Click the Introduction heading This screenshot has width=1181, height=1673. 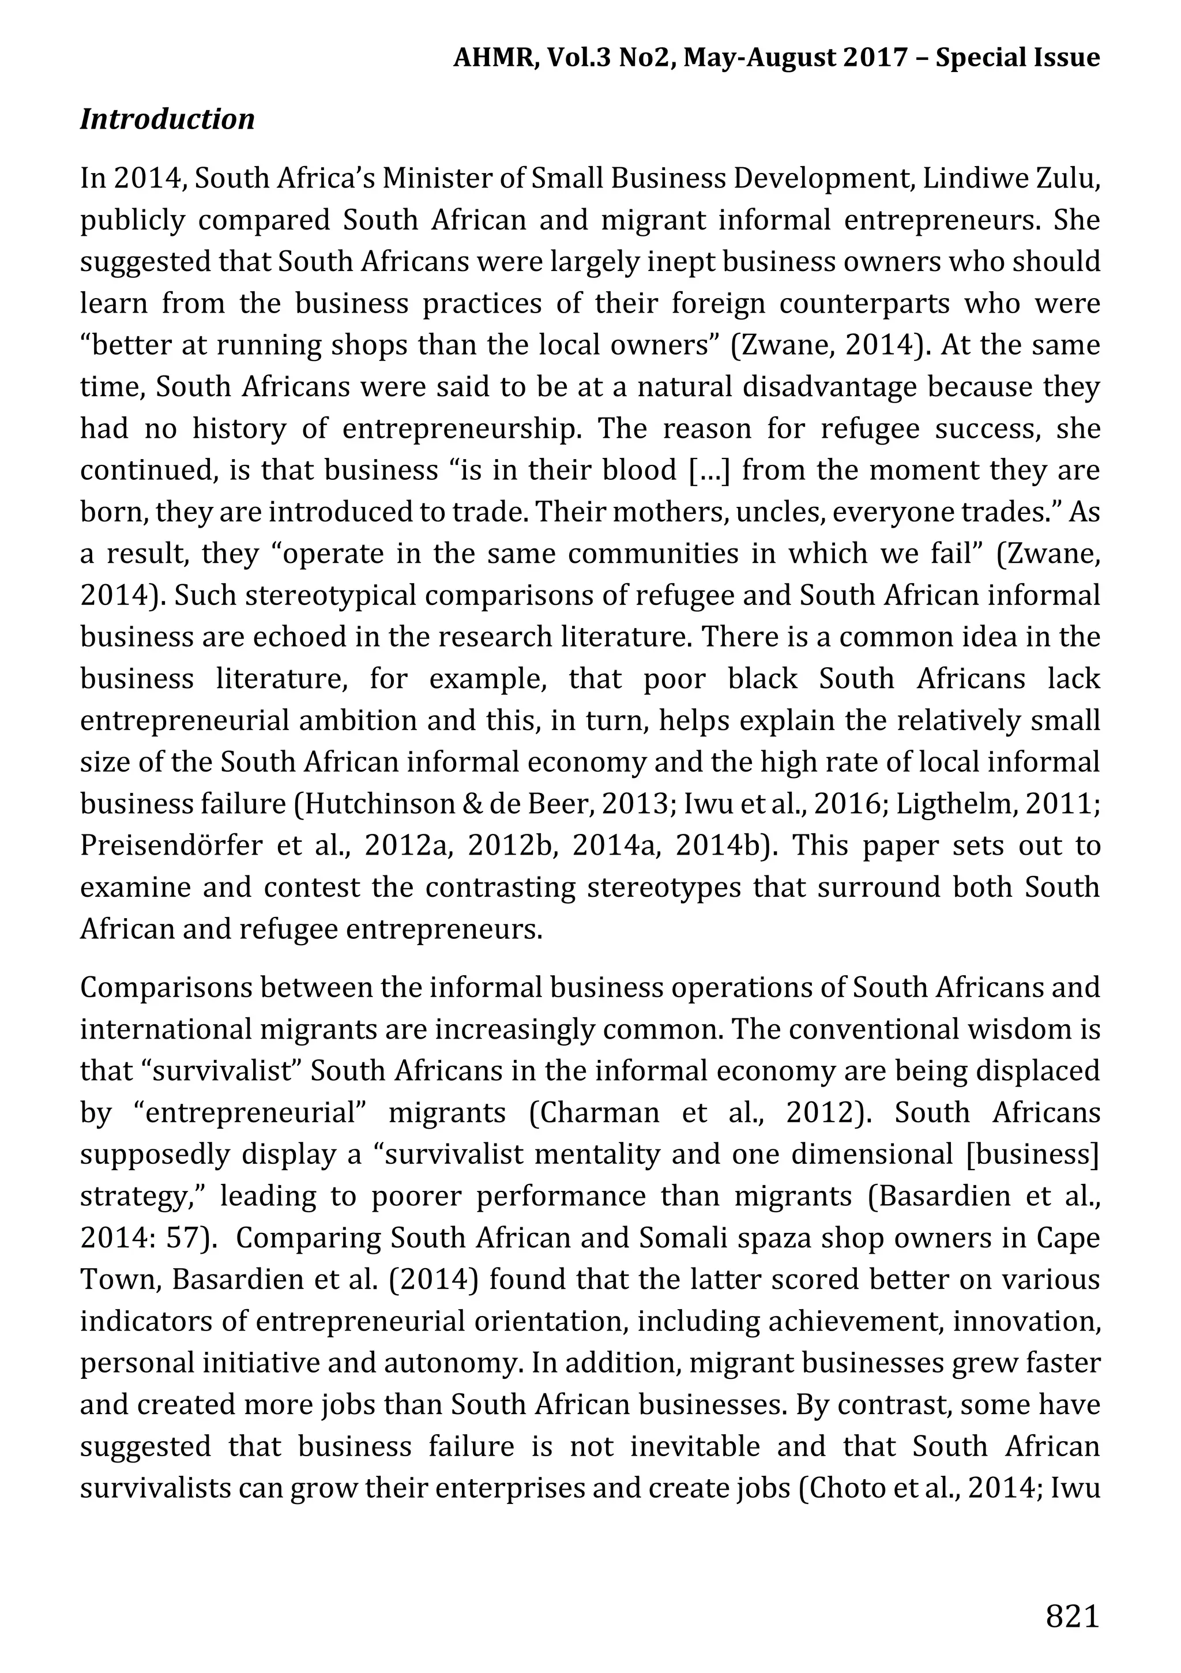[167, 119]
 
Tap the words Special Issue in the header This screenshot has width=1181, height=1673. [1017, 58]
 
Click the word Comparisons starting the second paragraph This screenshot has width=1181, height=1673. [164, 988]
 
